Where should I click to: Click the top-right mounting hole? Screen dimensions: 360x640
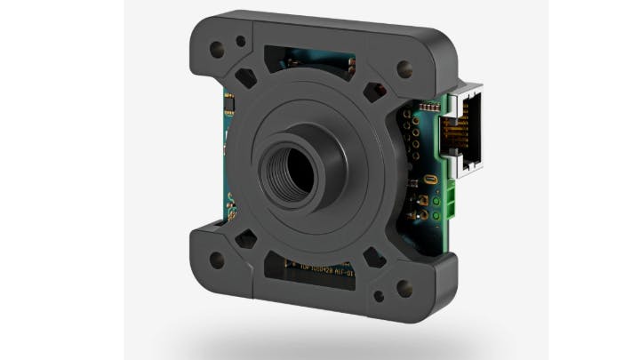[x=404, y=70]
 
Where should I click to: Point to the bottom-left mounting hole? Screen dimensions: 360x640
[x=214, y=261]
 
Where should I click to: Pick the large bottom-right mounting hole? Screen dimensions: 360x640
[x=405, y=286]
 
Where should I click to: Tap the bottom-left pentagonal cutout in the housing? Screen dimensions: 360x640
[x=246, y=239]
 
